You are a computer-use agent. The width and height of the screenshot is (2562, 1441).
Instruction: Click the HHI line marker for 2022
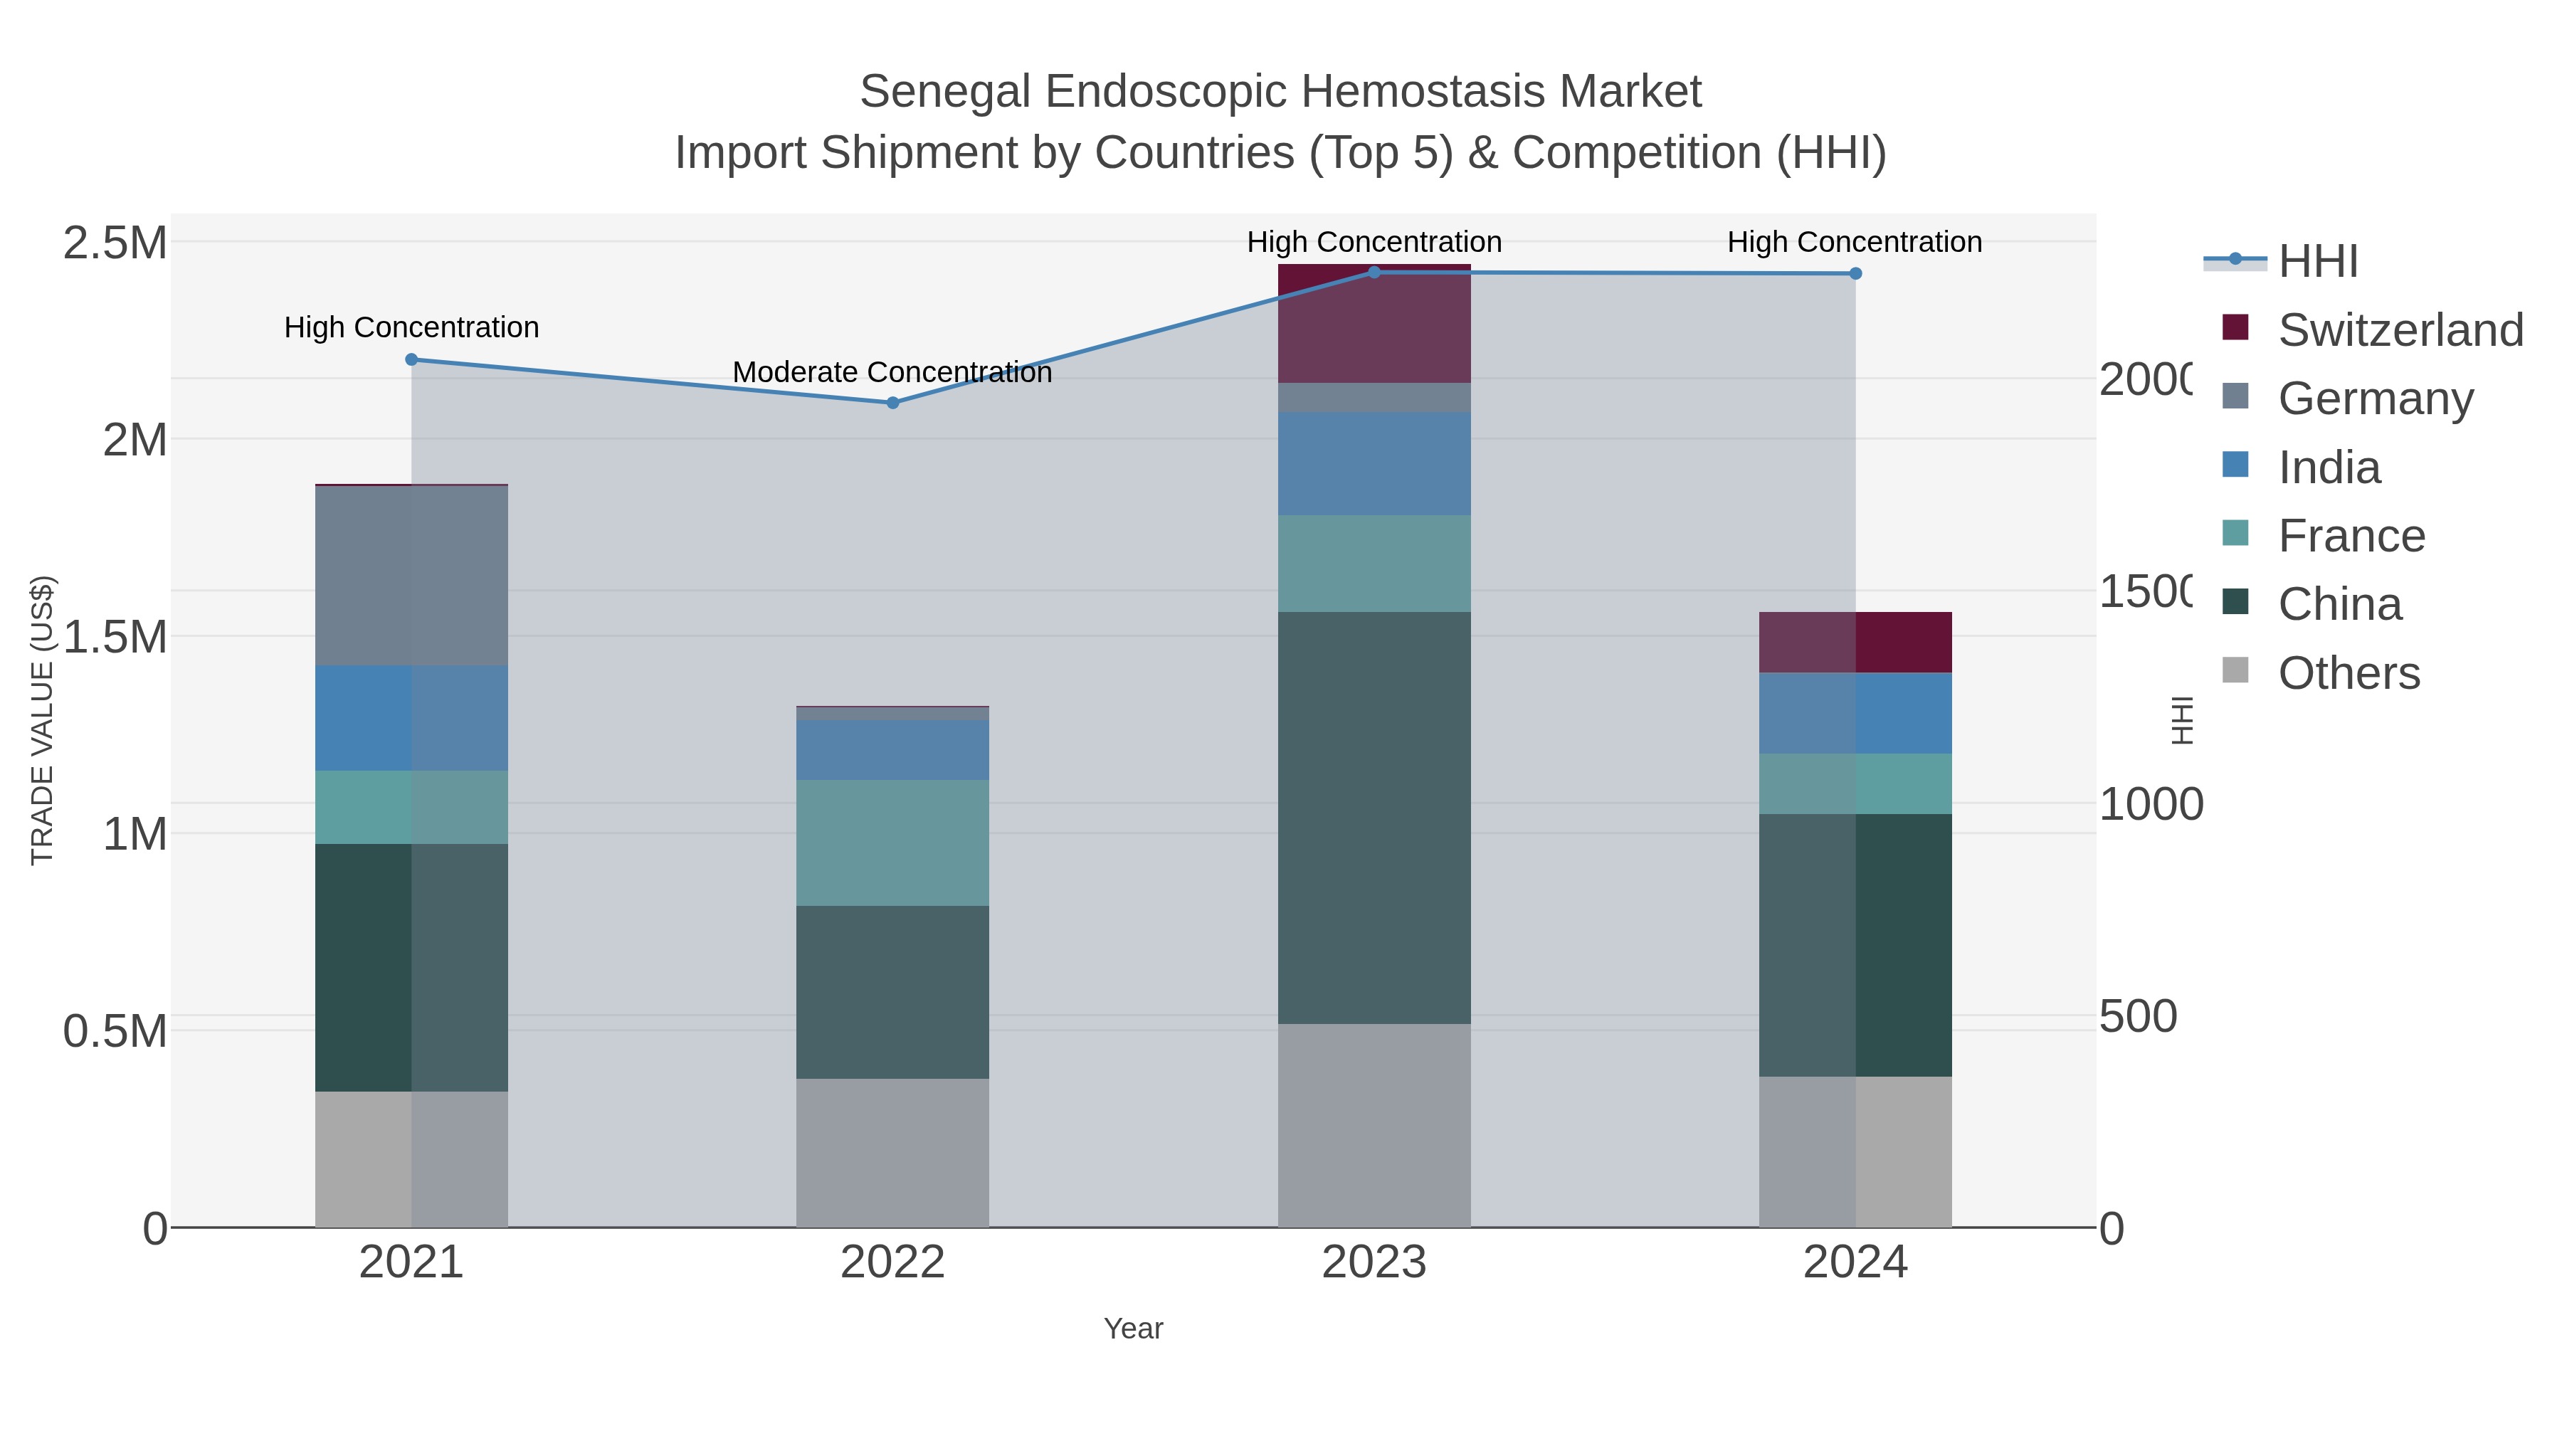pyautogui.click(x=892, y=403)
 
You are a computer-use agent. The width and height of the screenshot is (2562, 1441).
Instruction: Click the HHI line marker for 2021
pyautogui.click(x=412, y=359)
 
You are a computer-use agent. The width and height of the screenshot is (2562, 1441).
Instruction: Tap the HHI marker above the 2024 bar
pyautogui.click(x=1855, y=273)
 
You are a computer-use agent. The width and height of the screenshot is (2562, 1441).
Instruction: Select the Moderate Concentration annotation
pyautogui.click(x=892, y=372)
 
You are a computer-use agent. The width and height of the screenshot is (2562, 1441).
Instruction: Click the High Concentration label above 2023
pyautogui.click(x=1374, y=242)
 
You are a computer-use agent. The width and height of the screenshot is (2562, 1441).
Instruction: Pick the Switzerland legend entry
pyautogui.click(x=2399, y=330)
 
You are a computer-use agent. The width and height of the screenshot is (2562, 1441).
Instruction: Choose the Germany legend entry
pyautogui.click(x=2375, y=398)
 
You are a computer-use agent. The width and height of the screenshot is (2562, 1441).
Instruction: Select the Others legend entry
pyautogui.click(x=2348, y=673)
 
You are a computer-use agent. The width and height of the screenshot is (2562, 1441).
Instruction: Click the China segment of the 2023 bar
pyautogui.click(x=1374, y=818)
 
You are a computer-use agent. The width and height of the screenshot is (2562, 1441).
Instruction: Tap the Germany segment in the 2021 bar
pyautogui.click(x=412, y=575)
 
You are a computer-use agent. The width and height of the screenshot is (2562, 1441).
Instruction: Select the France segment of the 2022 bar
pyautogui.click(x=892, y=843)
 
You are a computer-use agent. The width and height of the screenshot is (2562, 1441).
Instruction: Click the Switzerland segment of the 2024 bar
pyautogui.click(x=1855, y=643)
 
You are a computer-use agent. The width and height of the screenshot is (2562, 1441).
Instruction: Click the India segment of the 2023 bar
pyautogui.click(x=1374, y=463)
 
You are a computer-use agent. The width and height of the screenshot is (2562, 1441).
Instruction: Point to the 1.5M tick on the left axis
pyautogui.click(x=115, y=636)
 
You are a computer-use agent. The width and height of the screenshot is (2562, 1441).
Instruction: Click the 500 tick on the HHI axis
pyautogui.click(x=2139, y=1016)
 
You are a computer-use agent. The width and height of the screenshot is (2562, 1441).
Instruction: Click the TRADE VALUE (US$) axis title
pyautogui.click(x=42, y=720)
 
